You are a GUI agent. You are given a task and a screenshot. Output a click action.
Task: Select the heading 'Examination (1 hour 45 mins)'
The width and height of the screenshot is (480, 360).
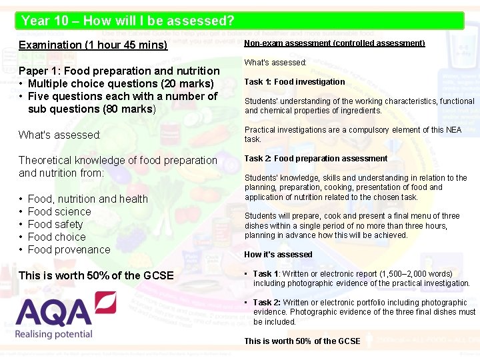coord(93,45)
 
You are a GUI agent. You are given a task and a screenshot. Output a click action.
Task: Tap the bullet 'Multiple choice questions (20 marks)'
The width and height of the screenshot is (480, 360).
coord(120,83)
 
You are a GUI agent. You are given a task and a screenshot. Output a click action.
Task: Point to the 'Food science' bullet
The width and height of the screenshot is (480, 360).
coord(59,211)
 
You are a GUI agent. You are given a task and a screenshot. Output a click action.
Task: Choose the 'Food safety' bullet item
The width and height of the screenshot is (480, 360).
coord(55,224)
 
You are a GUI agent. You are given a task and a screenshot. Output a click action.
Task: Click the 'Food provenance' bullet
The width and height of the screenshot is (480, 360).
coord(69,249)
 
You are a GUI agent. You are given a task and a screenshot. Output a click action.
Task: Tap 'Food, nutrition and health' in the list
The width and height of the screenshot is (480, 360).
coord(87,199)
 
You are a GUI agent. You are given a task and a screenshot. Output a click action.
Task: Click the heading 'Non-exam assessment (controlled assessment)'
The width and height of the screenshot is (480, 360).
coord(334,43)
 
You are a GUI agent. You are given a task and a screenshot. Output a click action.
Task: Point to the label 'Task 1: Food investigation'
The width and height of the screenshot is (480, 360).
coord(294,82)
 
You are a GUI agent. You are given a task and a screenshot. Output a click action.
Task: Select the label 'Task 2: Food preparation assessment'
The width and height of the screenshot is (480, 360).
coord(315,159)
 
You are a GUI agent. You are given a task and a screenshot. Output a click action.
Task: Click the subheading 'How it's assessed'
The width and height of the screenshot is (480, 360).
coord(278,255)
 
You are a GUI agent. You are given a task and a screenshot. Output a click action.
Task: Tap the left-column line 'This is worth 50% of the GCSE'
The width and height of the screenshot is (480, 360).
coord(96,275)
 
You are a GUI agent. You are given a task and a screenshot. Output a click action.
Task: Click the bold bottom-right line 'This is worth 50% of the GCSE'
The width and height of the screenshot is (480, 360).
coord(302,341)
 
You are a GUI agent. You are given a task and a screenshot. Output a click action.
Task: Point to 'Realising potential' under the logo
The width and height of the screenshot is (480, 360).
coord(54,333)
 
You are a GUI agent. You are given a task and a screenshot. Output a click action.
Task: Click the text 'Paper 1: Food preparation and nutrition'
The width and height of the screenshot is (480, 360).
coord(119,71)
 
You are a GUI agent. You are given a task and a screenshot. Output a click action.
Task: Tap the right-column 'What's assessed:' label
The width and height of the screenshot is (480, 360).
coord(275,63)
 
